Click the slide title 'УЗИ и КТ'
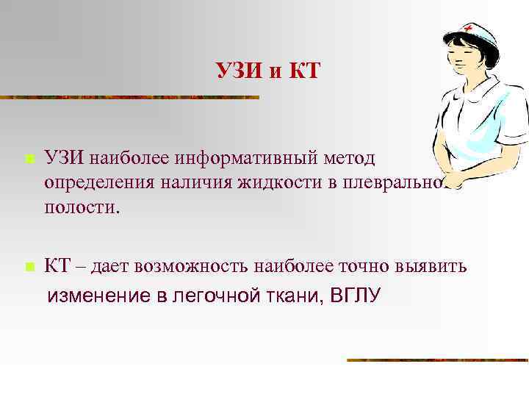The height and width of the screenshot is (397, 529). pyautogui.click(x=268, y=71)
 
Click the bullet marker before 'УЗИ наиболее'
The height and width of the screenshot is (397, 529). pyautogui.click(x=28, y=159)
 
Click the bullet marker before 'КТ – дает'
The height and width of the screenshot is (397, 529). pyautogui.click(x=28, y=267)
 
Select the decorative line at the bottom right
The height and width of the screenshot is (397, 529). pyautogui.click(x=437, y=360)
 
